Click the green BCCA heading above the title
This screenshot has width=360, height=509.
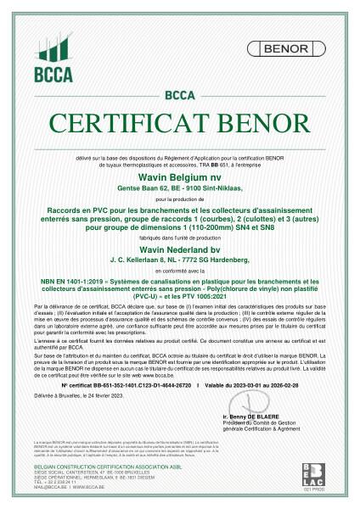179,95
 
